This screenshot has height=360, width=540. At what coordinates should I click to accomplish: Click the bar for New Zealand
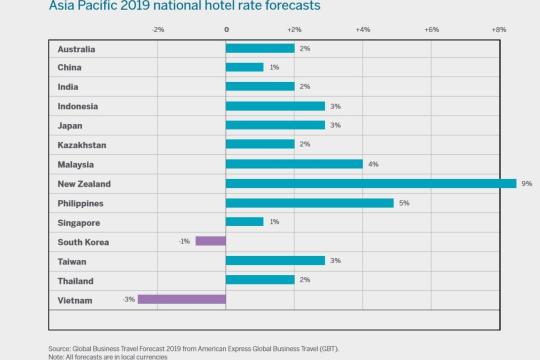coord(371,183)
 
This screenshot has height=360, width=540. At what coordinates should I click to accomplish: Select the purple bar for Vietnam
coord(182,298)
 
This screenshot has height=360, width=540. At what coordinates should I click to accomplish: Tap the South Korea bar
coord(210,241)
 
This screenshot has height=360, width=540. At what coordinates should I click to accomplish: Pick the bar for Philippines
coord(309,202)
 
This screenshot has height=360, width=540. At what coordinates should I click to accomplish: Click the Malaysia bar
coord(294,164)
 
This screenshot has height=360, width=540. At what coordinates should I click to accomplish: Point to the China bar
coord(245,67)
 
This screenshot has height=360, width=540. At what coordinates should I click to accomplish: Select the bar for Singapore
coord(245,221)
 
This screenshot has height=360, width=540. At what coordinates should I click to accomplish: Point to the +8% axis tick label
coord(499,30)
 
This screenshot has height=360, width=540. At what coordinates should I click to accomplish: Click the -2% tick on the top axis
coord(158,30)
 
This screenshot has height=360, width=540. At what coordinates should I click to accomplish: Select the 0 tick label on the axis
coord(226,30)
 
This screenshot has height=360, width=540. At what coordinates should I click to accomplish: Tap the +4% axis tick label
coord(363,30)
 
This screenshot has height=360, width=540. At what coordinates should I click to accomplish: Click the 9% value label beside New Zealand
coord(526,183)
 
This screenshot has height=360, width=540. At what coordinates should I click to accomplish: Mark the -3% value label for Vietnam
coord(129,298)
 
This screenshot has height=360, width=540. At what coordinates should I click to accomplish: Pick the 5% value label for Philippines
coord(403,202)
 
